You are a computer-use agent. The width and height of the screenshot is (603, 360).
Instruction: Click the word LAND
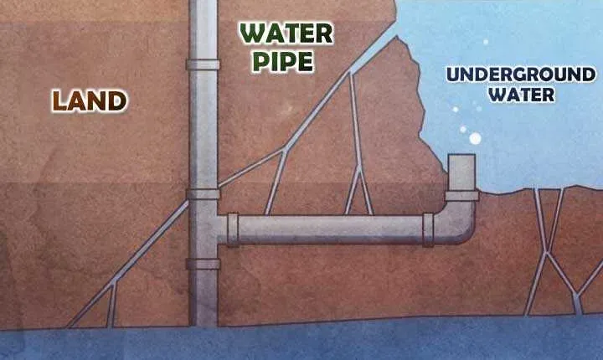(90, 100)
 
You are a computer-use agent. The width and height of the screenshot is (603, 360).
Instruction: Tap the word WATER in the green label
(286, 33)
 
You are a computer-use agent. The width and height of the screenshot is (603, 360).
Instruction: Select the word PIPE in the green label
(283, 62)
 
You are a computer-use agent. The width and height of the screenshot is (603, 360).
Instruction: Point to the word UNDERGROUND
(521, 75)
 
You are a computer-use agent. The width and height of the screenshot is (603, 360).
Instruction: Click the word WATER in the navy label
(523, 95)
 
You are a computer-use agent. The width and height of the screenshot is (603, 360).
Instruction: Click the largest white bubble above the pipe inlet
(476, 138)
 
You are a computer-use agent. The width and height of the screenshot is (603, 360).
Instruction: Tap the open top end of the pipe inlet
(461, 156)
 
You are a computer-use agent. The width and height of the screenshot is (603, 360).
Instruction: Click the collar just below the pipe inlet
(461, 196)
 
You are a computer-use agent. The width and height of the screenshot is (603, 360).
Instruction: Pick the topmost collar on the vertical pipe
(203, 64)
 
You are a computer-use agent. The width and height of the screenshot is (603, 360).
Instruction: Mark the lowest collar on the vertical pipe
(203, 264)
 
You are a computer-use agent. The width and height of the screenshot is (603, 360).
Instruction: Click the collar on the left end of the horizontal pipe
(233, 229)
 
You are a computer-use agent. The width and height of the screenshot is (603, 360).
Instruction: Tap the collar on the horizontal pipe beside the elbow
(428, 229)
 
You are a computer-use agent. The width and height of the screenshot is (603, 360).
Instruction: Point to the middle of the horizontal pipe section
(331, 229)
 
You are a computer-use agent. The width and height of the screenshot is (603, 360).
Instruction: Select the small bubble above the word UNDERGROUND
(486, 42)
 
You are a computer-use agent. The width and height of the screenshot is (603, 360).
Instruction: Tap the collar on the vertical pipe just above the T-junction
(203, 193)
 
